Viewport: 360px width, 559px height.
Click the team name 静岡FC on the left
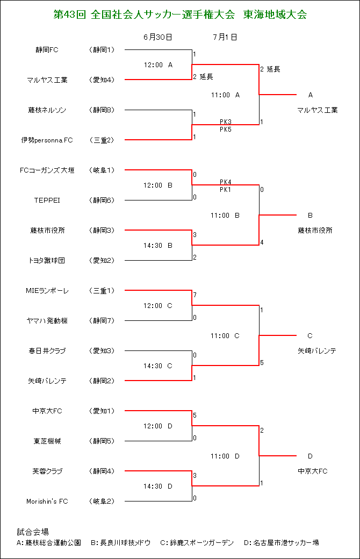(x=47, y=50)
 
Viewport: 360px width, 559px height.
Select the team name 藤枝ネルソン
(x=47, y=110)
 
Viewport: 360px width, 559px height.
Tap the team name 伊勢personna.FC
(x=47, y=140)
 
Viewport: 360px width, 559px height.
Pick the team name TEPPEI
(x=47, y=200)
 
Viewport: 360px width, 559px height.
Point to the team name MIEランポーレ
(x=47, y=291)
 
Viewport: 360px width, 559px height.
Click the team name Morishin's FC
(x=47, y=501)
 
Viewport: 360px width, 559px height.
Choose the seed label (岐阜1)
(x=102, y=170)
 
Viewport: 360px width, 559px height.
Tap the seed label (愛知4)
(x=102, y=80)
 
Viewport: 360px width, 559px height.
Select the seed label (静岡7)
(x=102, y=320)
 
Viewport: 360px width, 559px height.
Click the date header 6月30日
(x=158, y=37)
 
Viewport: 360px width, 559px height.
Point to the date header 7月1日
(x=225, y=37)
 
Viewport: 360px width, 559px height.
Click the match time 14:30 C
(x=158, y=366)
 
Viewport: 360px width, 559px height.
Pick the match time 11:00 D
(x=225, y=456)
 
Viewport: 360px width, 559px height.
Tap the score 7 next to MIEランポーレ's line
(x=195, y=295)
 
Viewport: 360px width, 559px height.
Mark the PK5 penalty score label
(x=226, y=130)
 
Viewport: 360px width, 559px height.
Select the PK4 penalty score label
(x=226, y=182)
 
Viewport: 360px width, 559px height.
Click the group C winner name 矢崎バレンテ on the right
(x=317, y=351)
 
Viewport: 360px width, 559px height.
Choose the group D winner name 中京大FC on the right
(x=313, y=471)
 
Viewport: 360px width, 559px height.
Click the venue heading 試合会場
(x=33, y=532)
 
